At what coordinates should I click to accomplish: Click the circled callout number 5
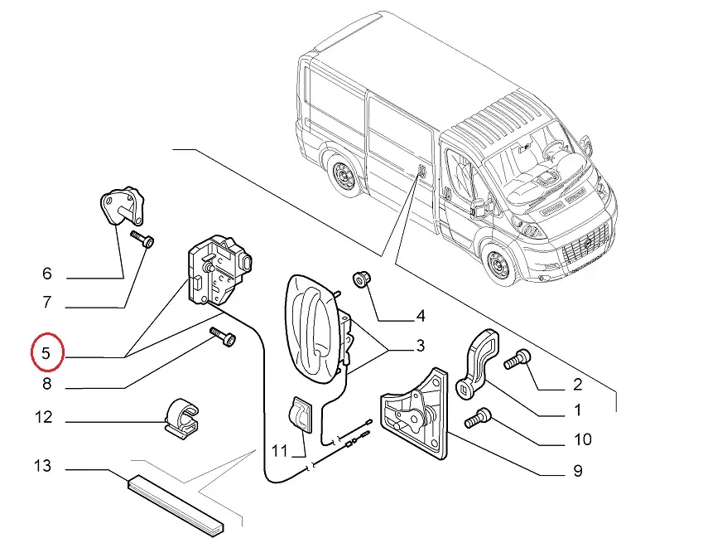[47, 353]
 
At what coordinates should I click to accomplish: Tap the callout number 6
[47, 274]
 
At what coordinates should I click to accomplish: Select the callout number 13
[42, 467]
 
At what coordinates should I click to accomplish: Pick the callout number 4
[421, 316]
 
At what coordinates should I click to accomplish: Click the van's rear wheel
[341, 176]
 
